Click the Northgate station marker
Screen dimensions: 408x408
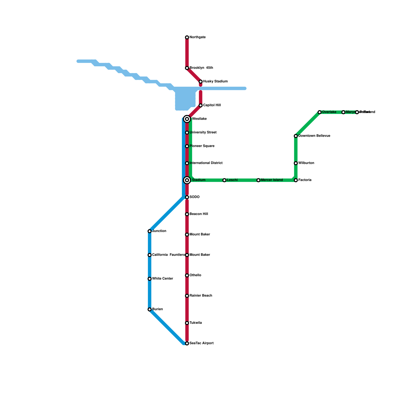coord(187,37)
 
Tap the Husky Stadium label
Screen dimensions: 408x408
coord(215,82)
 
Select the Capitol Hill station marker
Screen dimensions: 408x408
coord(201,105)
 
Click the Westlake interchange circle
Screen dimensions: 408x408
coord(187,119)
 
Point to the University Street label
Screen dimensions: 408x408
coord(203,133)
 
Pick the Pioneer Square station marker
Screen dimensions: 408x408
coord(187,146)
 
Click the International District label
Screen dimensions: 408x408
coord(206,163)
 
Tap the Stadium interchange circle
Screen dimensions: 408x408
coord(187,180)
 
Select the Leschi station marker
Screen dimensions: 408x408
coord(224,180)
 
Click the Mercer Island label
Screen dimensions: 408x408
coord(272,180)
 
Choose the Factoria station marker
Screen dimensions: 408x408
coord(296,180)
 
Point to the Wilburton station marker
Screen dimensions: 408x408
coord(296,163)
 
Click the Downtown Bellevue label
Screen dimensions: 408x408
coord(314,136)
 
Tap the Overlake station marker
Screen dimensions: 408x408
coord(320,112)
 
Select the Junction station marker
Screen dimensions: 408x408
coord(150,231)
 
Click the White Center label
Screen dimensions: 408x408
coord(162,279)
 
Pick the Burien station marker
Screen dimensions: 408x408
coord(150,309)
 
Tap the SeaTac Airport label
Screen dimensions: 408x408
coord(201,343)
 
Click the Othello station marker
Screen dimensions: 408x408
coord(187,275)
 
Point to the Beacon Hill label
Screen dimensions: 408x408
coord(199,214)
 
